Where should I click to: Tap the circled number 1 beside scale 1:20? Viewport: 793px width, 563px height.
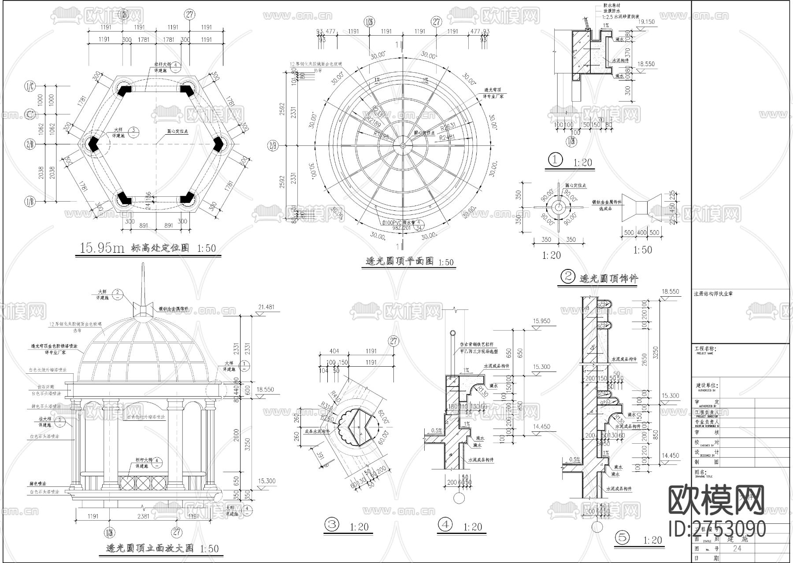click(555, 160)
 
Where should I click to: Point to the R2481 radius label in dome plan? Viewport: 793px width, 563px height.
click(447, 137)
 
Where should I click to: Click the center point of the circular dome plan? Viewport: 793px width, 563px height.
click(403, 145)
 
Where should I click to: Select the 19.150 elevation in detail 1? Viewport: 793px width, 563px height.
click(646, 22)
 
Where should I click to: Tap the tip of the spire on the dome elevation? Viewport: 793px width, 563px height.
click(143, 264)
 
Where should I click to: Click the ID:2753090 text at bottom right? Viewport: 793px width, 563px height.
click(717, 528)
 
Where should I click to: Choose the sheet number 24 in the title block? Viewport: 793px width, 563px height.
click(737, 548)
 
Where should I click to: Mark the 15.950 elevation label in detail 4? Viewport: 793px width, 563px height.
click(541, 321)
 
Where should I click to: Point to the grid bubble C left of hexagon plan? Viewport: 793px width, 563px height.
click(30, 114)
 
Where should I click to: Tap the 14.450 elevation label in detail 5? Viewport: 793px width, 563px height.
click(671, 456)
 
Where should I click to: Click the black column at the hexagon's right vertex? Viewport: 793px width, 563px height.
click(218, 144)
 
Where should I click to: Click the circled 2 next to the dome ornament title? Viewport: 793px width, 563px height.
click(568, 276)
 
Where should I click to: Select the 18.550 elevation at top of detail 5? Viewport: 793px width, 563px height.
click(671, 291)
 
